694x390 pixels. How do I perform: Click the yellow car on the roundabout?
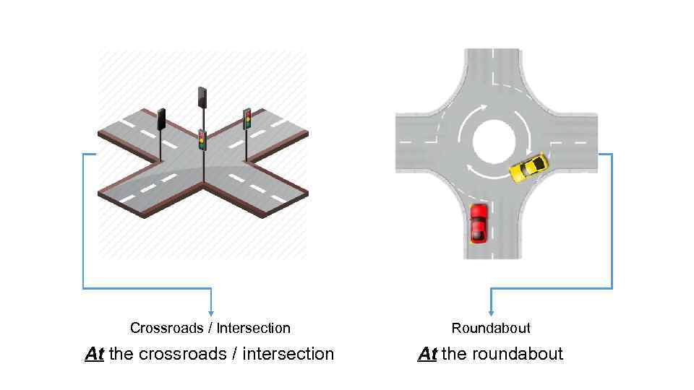pos(528,167)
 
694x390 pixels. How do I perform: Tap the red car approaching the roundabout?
pos(479,222)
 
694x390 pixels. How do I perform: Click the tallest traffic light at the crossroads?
pos(202,96)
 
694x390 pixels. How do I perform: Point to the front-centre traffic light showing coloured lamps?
pos(202,139)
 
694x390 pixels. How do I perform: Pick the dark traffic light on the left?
pos(162,118)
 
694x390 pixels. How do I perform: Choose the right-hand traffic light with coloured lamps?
pos(247,118)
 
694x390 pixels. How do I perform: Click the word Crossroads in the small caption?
pos(167,328)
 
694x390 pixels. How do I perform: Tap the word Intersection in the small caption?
pos(254,328)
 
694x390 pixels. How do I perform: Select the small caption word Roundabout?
pos(491,328)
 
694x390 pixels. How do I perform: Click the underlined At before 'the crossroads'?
pos(95,354)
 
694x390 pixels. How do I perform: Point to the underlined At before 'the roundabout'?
pos(427,354)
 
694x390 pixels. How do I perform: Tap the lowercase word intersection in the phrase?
pos(288,354)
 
